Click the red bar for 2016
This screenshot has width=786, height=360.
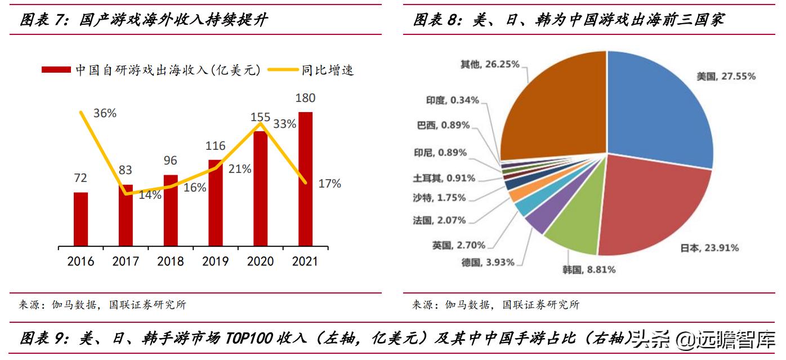tap(81, 219)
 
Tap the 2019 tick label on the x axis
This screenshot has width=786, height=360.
tap(215, 261)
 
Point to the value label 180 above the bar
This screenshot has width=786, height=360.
tap(305, 98)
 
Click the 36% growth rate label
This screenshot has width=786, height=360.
tap(105, 113)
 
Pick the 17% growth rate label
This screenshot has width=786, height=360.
tap(329, 184)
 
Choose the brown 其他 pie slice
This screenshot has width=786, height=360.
tap(552, 107)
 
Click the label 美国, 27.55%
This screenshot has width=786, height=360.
tap(726, 76)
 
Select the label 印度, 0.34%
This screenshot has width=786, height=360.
tap(453, 100)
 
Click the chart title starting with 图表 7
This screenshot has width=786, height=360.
tap(144, 20)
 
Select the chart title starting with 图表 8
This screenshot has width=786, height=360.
tap(569, 20)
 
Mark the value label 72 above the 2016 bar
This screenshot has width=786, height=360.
tap(81, 178)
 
